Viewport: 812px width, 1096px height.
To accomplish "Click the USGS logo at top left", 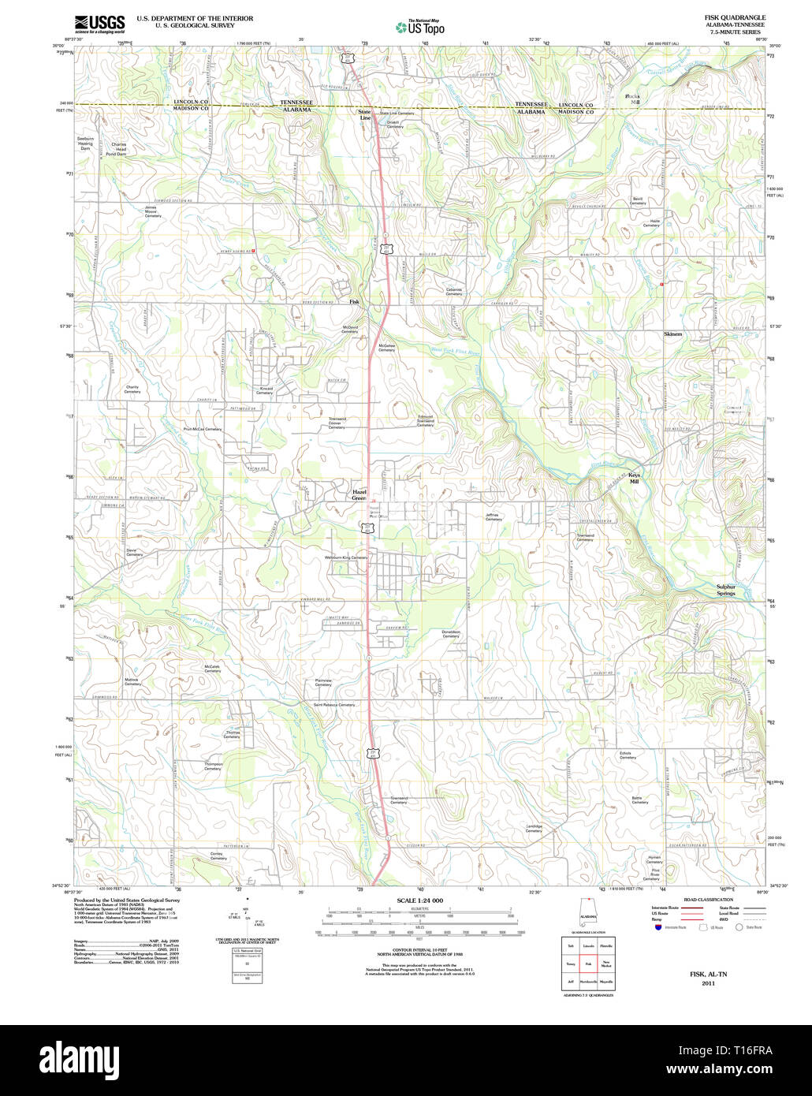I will [x=100, y=24].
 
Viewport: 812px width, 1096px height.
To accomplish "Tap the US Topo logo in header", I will [x=420, y=28].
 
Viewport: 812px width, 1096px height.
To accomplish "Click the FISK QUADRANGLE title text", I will [x=724, y=17].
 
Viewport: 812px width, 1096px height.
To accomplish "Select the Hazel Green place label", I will [x=359, y=495].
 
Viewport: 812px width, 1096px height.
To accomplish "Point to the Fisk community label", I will [x=355, y=302].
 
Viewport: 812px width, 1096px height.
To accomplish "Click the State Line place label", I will [x=364, y=115].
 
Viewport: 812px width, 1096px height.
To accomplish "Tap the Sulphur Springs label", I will [x=725, y=590].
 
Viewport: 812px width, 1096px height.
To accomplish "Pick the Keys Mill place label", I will [x=634, y=478].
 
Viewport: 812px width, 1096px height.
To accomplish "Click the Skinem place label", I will [x=672, y=334].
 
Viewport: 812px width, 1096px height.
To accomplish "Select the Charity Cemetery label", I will [x=132, y=390].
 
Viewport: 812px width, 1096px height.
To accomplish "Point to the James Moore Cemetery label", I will [x=151, y=211].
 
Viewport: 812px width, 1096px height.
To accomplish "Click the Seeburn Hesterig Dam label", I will [x=85, y=143].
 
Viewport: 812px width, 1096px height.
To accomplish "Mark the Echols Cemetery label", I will [x=626, y=755].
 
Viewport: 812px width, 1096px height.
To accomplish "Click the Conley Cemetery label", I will [x=218, y=856].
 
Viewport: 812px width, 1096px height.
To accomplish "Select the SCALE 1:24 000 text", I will [x=420, y=900].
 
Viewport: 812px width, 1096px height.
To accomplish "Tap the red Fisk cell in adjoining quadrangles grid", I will [x=588, y=964].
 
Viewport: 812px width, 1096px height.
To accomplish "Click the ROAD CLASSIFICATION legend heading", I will [x=709, y=900].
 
